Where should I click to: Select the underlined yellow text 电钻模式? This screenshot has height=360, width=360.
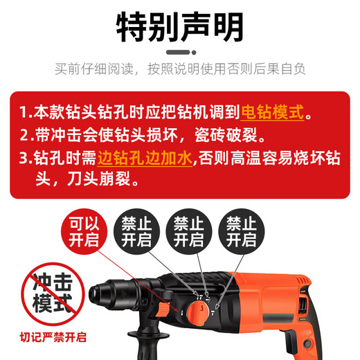pyautogui.click(x=273, y=111)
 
